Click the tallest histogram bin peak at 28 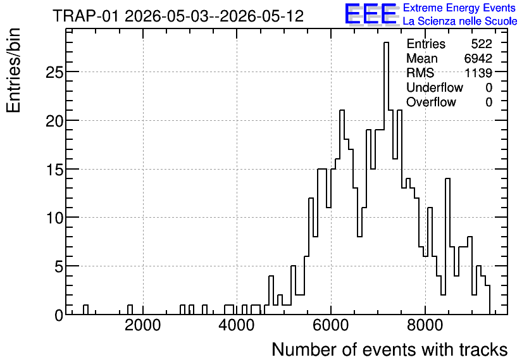386,43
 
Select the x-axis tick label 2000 143,326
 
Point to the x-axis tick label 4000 237,326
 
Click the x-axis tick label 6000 331,326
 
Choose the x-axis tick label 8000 425,326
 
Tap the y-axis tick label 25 54,72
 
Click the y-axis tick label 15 54,170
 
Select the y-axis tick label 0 59,315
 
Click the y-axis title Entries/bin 13,70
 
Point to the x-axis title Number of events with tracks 390,349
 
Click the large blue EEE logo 371,14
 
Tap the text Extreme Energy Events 459,8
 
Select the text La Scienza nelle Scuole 460,22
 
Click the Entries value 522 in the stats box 482,44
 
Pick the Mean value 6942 478,58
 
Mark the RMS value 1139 478,73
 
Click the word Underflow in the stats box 435,87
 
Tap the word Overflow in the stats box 431,102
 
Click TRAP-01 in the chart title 85,16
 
